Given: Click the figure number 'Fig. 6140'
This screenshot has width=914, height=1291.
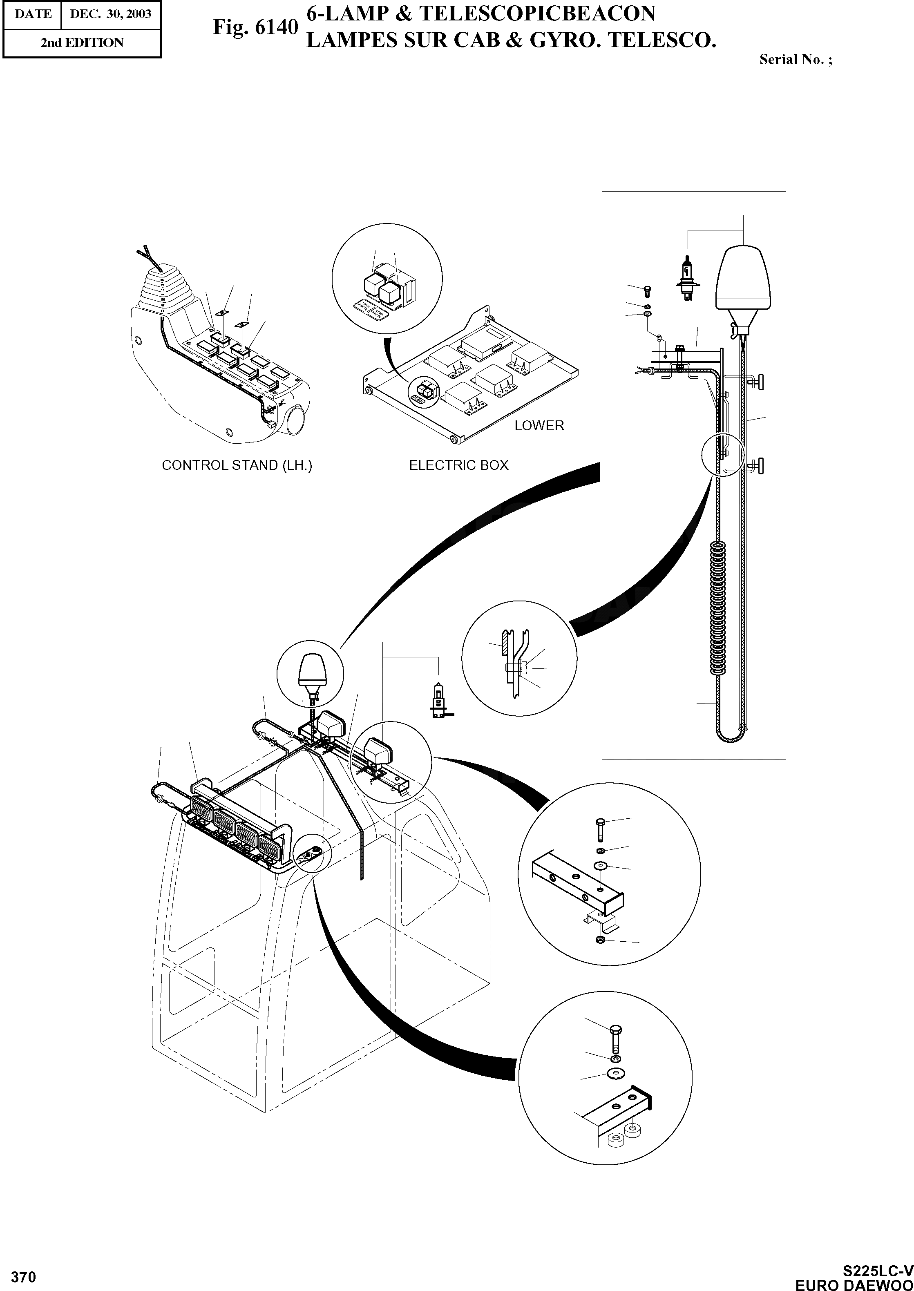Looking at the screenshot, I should (255, 27).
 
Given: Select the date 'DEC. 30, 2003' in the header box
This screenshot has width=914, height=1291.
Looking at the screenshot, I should (110, 13).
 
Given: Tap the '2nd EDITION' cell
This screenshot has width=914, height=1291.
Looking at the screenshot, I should (82, 43).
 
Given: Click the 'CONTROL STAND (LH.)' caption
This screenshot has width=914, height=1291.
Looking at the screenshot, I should (237, 465).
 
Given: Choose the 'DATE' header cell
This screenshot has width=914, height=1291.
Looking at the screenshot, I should (32, 13).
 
